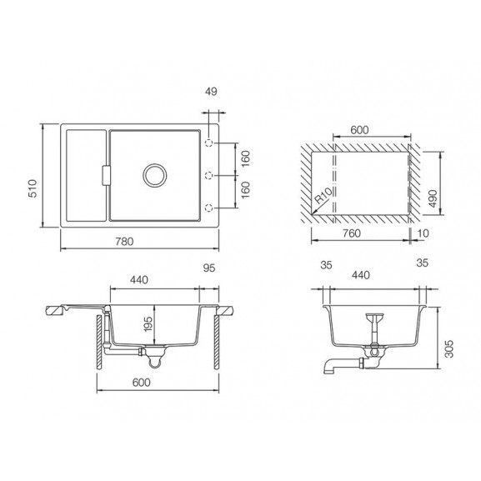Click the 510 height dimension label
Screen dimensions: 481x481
pos(33,188)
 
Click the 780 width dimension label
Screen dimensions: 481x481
pos(124,242)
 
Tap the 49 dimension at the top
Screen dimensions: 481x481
pos(211,92)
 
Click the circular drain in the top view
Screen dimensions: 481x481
pos(155,175)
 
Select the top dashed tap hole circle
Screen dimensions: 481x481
pos(209,143)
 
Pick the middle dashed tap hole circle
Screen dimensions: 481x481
pos(209,175)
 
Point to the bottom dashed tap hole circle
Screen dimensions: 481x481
pos(209,208)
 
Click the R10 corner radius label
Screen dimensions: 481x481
pos(323,196)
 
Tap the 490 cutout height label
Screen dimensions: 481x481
pos(433,198)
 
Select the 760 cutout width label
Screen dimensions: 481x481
pos(352,233)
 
